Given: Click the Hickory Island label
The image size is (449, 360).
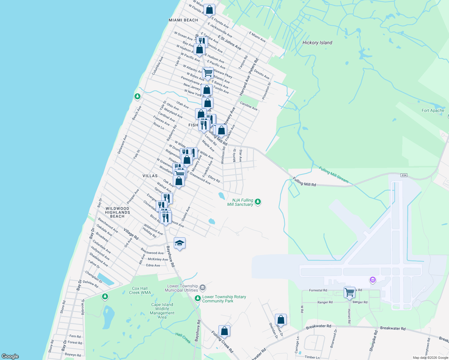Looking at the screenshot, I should pos(317,43).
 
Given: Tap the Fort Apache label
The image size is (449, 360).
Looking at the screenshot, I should pos(433,110).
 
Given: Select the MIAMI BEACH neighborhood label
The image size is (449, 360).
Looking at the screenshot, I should pos(183,20).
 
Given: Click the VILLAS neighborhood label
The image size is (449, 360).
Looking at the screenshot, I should pos(150,176).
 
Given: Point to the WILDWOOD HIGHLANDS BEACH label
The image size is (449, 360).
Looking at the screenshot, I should pos(117,212).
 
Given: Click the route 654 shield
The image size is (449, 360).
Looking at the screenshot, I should pos(404,175).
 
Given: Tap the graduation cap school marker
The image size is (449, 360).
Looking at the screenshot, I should pos(179,243).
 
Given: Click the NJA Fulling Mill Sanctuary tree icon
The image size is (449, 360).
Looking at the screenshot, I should pos(258,202).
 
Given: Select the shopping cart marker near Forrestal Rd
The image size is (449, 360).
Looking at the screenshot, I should pos(349,292).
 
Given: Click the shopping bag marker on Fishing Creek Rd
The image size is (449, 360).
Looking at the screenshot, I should pos(224,331).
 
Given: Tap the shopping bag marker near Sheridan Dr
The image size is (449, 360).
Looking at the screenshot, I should pos(281,320).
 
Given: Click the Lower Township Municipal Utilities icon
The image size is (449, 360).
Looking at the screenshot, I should pos(203,288).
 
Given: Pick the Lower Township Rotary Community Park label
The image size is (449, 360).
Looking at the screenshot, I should pos(224,299).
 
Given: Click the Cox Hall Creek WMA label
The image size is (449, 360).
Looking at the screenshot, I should pos(140,290).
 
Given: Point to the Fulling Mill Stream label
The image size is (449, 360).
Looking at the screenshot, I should pos(333,175).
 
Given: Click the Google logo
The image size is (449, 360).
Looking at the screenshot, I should pos(10,356).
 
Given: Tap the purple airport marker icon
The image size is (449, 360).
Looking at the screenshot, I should pos(373,280).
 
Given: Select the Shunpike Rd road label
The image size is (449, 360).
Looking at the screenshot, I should pos(373,341).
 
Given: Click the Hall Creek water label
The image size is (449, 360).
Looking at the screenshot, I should pos(183,338).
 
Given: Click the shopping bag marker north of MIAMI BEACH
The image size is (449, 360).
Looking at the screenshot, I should pos(209,10).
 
